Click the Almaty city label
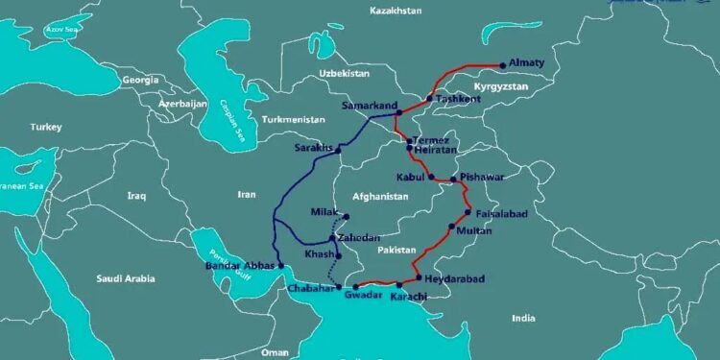pos(526,64)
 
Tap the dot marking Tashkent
pos(429,99)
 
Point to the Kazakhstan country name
pos(396,10)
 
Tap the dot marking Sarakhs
pos(339,150)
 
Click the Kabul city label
pos(411,177)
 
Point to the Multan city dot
pos(451,228)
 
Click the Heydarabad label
pos(452,278)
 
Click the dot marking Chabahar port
pos(338,287)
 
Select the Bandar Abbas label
pos(240,265)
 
